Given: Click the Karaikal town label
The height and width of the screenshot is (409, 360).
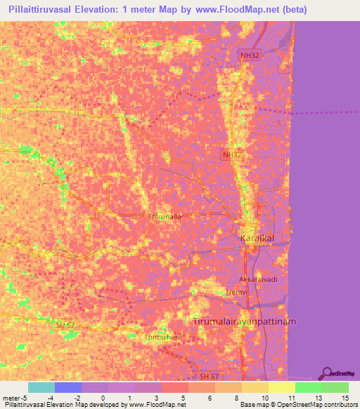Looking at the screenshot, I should [x=256, y=239].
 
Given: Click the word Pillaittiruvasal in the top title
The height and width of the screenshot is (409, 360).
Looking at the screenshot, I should [x=47, y=9].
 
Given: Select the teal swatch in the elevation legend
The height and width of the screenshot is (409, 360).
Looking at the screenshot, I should [x=41, y=387].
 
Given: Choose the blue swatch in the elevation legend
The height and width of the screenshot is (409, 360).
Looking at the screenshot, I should [x=68, y=387].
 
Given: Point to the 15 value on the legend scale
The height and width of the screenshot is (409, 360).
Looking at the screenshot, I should [x=346, y=398].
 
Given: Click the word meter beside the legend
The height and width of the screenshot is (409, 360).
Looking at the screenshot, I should [x=12, y=398].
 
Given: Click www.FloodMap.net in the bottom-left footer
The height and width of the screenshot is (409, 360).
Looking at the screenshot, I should [x=153, y=405].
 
